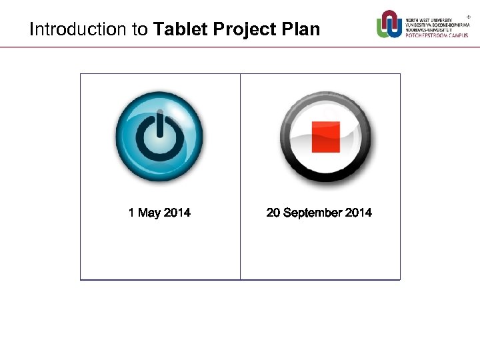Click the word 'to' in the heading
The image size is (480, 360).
point(139,30)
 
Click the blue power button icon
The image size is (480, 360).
point(159,137)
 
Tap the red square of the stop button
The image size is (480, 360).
point(326,137)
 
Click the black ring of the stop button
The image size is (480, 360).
point(326,177)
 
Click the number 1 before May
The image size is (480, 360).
point(132,213)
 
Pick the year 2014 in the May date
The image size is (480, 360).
point(177,213)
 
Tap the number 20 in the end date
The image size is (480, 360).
point(273,213)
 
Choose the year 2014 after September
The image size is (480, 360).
point(359,213)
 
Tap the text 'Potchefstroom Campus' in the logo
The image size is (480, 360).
point(437,35)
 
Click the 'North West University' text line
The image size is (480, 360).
point(429,20)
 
